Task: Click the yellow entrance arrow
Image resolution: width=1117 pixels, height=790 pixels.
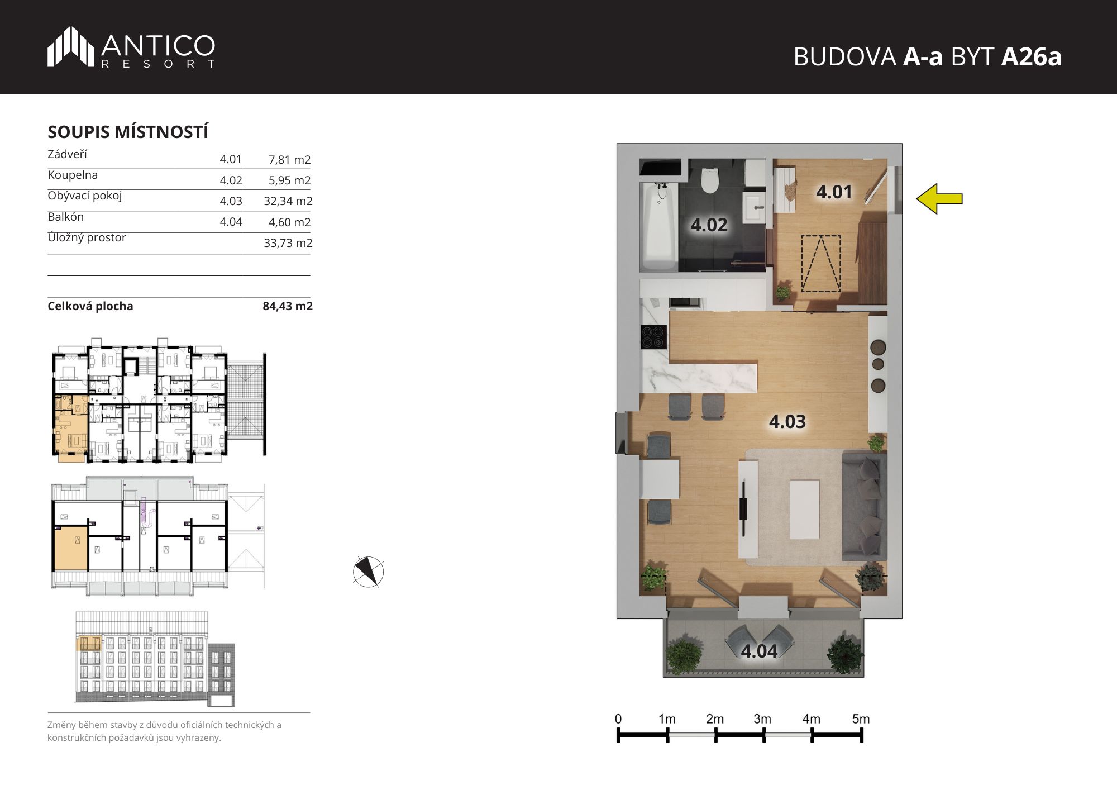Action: click(x=939, y=198)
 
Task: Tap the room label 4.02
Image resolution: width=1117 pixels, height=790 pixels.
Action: click(x=709, y=225)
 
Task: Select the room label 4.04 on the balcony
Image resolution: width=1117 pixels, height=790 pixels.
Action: click(x=759, y=651)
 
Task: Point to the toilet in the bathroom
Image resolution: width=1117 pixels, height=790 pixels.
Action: click(x=710, y=178)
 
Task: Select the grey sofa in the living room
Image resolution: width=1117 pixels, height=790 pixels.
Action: click(x=864, y=506)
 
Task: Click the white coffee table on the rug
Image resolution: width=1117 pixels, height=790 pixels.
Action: click(x=805, y=509)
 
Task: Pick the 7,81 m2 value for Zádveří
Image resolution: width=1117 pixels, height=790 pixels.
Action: click(x=289, y=160)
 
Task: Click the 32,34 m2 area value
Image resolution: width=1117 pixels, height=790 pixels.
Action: click(x=288, y=201)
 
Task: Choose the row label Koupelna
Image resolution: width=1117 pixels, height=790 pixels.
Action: click(x=73, y=175)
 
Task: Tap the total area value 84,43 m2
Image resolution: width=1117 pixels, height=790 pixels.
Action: click(x=288, y=306)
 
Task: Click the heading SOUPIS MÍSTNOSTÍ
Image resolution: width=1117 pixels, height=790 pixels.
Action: click(x=128, y=132)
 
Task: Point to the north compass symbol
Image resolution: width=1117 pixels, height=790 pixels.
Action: click(x=369, y=572)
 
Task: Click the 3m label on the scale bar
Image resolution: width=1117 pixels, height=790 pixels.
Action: click(x=762, y=719)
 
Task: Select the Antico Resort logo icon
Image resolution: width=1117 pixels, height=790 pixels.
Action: click(x=71, y=46)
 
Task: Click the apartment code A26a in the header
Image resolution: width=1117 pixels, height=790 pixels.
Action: click(x=1031, y=56)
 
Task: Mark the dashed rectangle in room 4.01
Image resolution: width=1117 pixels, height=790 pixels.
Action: click(x=821, y=264)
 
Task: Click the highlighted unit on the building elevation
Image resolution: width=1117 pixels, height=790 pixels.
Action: click(x=88, y=643)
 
